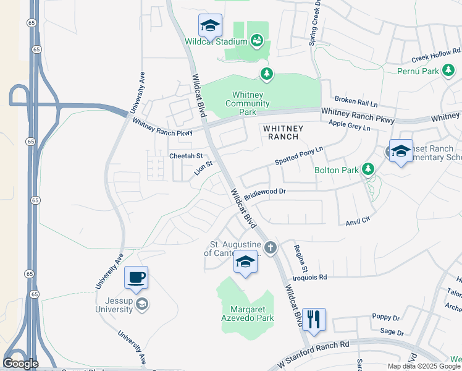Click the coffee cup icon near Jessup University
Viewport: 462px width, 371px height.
[x=136, y=278]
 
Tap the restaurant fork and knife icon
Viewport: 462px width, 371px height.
[x=314, y=320]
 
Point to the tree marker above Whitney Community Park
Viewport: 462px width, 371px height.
[x=266, y=74]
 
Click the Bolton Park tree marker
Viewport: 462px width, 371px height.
[x=368, y=169]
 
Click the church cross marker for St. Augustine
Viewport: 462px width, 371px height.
[x=271, y=249]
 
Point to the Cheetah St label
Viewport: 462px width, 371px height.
[x=186, y=156]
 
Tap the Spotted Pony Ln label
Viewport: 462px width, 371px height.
[x=299, y=156]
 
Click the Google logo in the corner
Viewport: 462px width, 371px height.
[x=20, y=364]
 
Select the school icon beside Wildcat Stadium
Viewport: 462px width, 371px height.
[x=210, y=26]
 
